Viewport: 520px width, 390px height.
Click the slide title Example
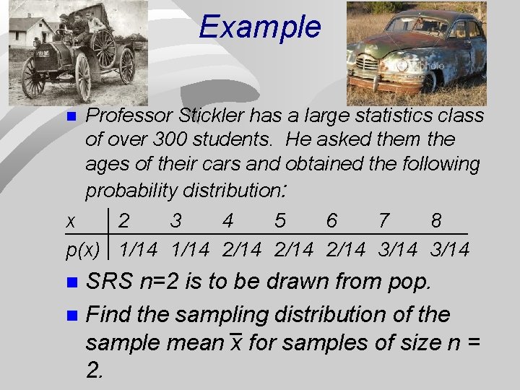point(259,27)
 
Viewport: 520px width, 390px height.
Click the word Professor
point(127,116)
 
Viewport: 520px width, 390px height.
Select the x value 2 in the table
point(125,221)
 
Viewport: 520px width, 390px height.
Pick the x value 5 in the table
point(280,221)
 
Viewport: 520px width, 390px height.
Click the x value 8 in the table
point(436,221)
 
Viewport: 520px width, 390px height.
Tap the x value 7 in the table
point(384,221)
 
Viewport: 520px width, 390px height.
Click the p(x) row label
point(82,250)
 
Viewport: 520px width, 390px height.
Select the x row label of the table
point(71,222)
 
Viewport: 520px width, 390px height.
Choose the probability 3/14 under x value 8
point(450,250)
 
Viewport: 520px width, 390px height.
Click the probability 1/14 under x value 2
point(138,250)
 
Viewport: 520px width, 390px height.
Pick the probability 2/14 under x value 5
point(294,250)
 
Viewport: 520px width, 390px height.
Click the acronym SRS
point(108,282)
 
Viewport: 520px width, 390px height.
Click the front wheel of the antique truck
point(33,77)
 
